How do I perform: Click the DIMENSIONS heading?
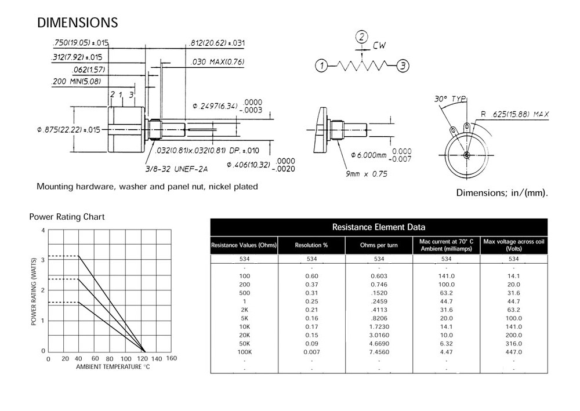pos(77,23)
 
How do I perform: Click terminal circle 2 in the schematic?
pos(362,37)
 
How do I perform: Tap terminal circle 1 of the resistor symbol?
pos(321,66)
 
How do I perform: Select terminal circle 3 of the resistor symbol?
pos(404,66)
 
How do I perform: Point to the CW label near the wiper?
pos(379,45)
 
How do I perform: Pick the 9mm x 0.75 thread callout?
pos(367,173)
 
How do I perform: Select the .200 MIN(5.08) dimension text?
pos(77,82)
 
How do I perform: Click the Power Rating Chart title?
pos(67,217)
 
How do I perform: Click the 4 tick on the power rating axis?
pos(42,231)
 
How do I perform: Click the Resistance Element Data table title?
pos(379,227)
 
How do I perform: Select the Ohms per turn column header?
pos(379,245)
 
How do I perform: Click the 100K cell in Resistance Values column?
pos(245,352)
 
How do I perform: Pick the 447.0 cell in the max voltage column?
pos(513,352)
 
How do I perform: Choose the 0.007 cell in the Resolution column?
pos(311,352)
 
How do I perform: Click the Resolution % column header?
pos(311,245)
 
